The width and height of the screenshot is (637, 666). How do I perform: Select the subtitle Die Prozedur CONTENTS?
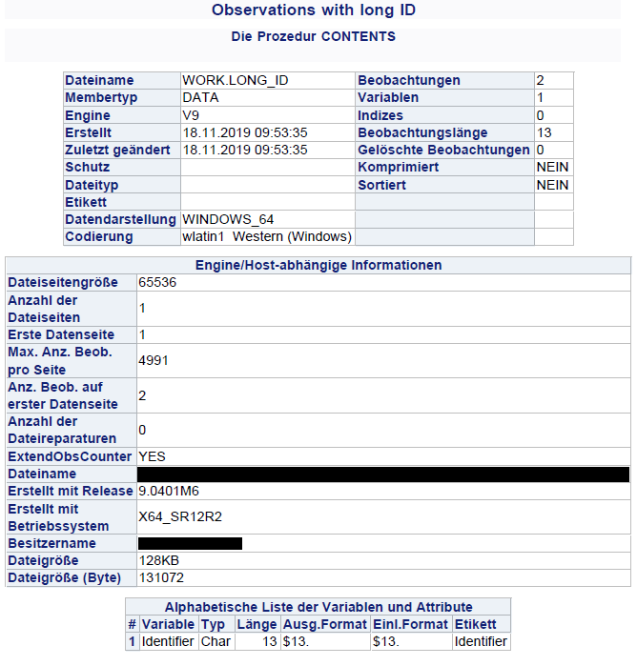click(314, 37)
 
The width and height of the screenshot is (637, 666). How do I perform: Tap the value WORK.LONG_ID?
click(235, 81)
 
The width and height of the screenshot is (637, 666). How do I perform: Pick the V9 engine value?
click(192, 115)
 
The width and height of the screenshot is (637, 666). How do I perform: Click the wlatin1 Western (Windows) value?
click(267, 236)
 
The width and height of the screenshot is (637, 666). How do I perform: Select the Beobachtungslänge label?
click(422, 132)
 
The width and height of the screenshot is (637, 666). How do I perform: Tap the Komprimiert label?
click(398, 167)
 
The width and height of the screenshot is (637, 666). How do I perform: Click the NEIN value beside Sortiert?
click(552, 185)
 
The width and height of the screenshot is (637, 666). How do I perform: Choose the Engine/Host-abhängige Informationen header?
click(318, 265)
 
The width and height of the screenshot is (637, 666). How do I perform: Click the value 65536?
click(157, 283)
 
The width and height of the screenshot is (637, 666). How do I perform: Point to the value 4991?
click(154, 361)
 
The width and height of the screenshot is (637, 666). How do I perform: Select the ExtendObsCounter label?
click(70, 456)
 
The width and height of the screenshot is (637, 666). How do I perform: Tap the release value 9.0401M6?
click(169, 492)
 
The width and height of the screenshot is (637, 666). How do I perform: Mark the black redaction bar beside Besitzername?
click(190, 543)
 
